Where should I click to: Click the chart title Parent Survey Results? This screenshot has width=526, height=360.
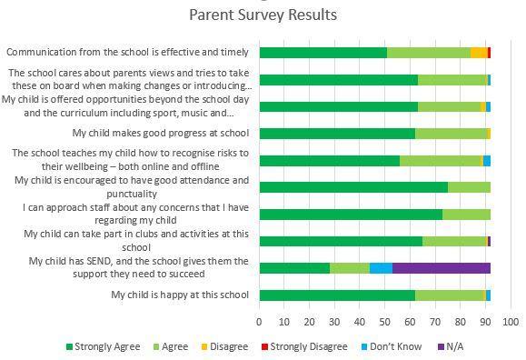[x=263, y=15]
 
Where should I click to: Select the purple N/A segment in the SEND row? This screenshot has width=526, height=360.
[x=442, y=268]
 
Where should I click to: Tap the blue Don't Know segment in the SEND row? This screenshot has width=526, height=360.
[x=381, y=268]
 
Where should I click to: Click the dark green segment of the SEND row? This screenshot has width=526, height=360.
[x=294, y=268]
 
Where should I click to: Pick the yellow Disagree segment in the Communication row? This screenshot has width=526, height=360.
[x=479, y=53]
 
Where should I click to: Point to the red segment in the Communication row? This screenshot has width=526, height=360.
[x=489, y=53]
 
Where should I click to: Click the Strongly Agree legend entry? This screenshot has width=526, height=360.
[x=103, y=346]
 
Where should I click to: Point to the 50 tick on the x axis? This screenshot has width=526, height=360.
[x=385, y=322]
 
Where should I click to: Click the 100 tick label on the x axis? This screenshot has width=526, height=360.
[x=511, y=322]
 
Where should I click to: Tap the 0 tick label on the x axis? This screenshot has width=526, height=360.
[x=260, y=322]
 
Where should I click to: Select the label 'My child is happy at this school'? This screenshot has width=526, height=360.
[x=180, y=295]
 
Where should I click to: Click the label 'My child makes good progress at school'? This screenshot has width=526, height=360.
[x=161, y=133]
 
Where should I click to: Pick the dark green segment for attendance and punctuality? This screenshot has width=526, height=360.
[x=353, y=187]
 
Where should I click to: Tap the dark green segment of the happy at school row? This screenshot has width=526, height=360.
[x=337, y=295]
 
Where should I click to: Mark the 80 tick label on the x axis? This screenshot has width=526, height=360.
[x=461, y=322]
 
